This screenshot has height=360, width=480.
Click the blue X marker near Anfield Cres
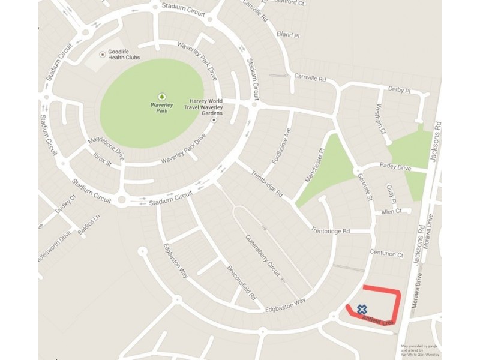pyautogui.click(x=362, y=310)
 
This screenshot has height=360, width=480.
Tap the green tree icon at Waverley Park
pyautogui.click(x=161, y=97)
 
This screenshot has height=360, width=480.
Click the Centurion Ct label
pyautogui.click(x=386, y=254)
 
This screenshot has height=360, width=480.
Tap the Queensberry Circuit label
pyautogui.click(x=263, y=256)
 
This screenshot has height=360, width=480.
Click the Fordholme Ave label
pyautogui.click(x=281, y=148)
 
